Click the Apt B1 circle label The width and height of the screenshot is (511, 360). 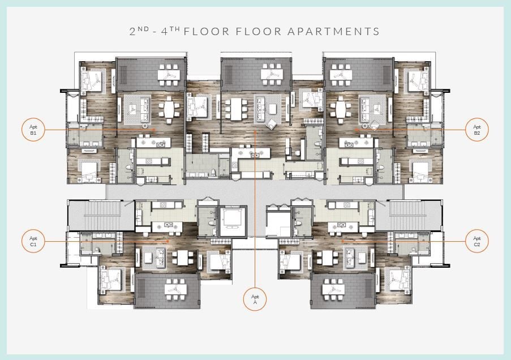pyautogui.click(x=33, y=130)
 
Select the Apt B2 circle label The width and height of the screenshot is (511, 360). pyautogui.click(x=477, y=130)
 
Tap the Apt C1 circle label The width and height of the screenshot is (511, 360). pyautogui.click(x=33, y=241)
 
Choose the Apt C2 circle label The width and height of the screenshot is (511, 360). pyautogui.click(x=477, y=241)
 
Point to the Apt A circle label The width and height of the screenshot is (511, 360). pyautogui.click(x=255, y=299)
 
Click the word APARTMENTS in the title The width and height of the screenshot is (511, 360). pyautogui.click(x=334, y=32)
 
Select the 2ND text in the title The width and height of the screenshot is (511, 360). pyautogui.click(x=139, y=31)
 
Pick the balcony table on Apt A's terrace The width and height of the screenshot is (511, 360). pyautogui.click(x=272, y=75)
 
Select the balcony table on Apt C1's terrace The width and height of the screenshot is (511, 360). pyautogui.click(x=176, y=289)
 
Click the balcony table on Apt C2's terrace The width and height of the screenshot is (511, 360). pyautogui.click(x=333, y=289)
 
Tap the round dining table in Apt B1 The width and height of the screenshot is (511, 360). pyautogui.click(x=169, y=110)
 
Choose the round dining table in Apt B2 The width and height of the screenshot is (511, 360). pyautogui.click(x=341, y=110)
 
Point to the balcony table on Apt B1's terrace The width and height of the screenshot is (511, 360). pyautogui.click(x=169, y=75)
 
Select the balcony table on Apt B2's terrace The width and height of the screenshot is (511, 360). pyautogui.click(x=341, y=75)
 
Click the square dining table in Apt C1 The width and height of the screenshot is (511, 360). pyautogui.click(x=182, y=258)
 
